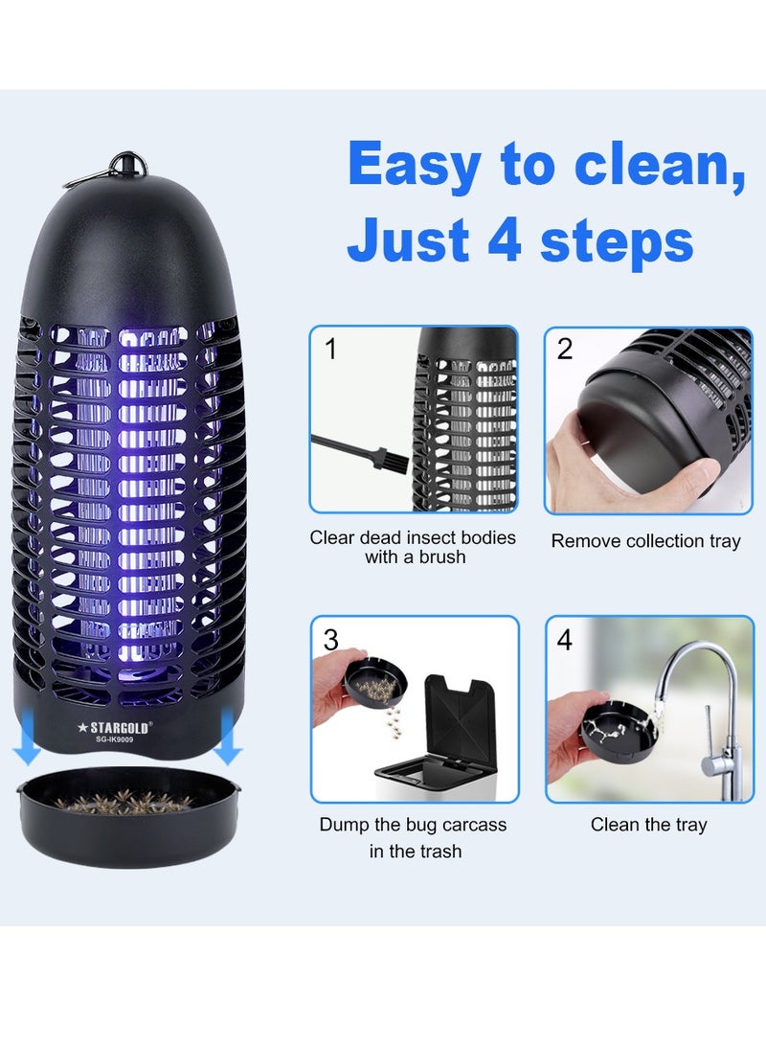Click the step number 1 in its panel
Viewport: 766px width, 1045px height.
(x=331, y=350)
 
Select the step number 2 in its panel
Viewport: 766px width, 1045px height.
(x=565, y=350)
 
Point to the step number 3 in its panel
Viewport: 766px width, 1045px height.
(x=331, y=640)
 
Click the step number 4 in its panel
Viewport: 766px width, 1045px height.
(x=565, y=640)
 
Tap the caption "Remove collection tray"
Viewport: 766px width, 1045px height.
(x=645, y=541)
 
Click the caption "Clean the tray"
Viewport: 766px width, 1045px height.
(x=648, y=825)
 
